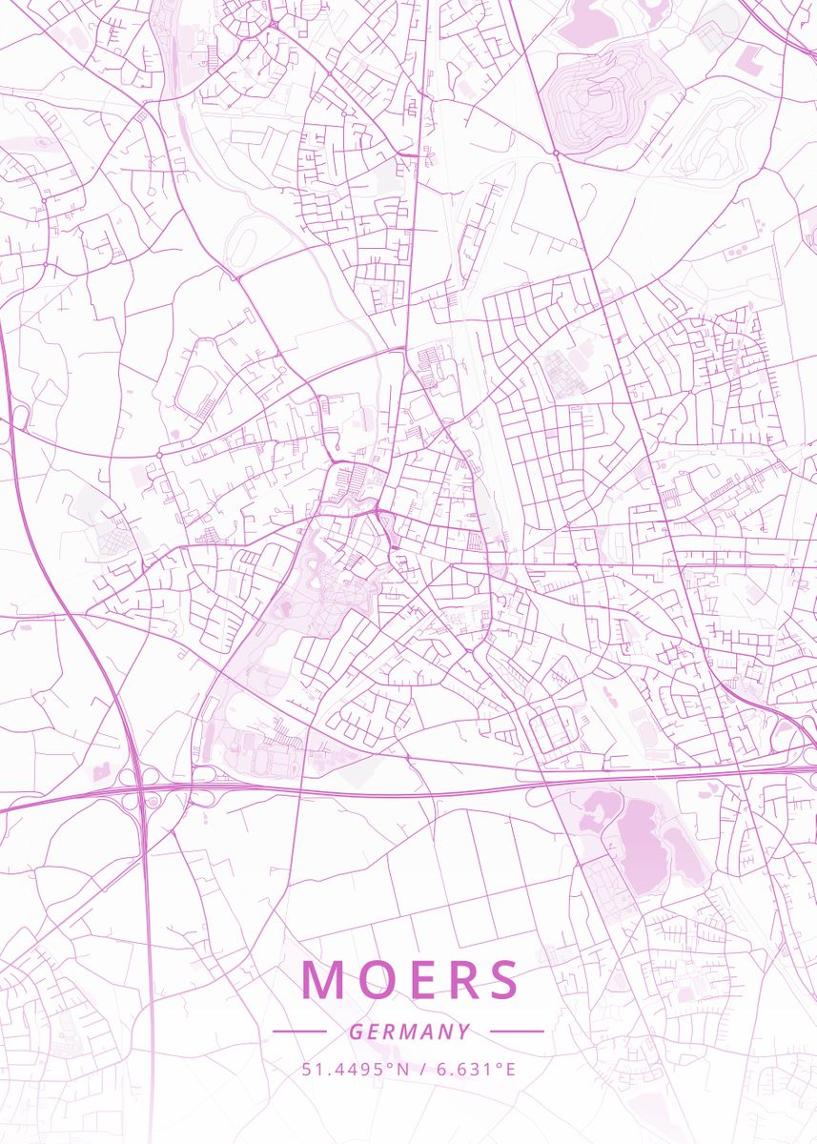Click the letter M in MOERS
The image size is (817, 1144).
[322, 980]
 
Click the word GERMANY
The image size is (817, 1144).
[409, 1032]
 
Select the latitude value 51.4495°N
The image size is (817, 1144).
[355, 1069]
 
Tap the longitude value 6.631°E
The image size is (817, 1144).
[476, 1069]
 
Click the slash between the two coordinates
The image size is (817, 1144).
[422, 1069]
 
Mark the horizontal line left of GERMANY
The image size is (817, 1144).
[299, 1032]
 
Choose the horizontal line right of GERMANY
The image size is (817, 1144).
[516, 1032]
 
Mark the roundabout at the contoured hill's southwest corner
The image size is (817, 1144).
[555, 152]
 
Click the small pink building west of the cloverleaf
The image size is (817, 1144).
[100, 774]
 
